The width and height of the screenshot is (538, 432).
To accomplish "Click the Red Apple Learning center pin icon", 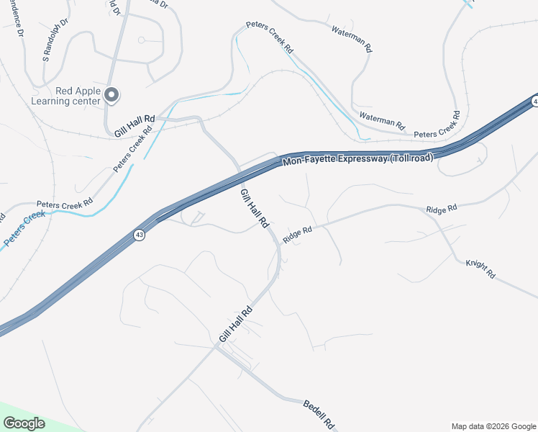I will click(111, 94).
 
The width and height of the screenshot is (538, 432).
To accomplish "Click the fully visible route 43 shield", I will click(139, 235).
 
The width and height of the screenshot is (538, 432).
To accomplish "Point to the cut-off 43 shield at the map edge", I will click(535, 102).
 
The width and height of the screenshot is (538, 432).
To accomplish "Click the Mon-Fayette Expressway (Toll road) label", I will click(357, 161).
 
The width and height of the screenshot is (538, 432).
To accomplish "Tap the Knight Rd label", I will click(480, 269).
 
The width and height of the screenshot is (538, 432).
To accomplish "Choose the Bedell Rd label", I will click(319, 413).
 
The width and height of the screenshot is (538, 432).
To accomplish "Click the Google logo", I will click(24, 423).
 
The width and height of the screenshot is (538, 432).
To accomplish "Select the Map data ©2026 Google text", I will click(493, 426).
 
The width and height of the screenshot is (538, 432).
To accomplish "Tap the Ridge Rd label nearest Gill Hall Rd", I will click(297, 234).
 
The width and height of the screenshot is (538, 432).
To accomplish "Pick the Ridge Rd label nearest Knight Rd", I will click(441, 209).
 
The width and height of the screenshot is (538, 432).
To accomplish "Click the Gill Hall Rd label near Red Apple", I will click(134, 126).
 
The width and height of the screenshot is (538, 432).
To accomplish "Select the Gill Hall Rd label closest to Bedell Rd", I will click(236, 325).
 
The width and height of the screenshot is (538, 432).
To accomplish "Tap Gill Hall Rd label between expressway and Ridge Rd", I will click(254, 209).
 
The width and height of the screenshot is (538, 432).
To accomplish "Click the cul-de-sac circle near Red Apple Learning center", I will click(142, 40).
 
